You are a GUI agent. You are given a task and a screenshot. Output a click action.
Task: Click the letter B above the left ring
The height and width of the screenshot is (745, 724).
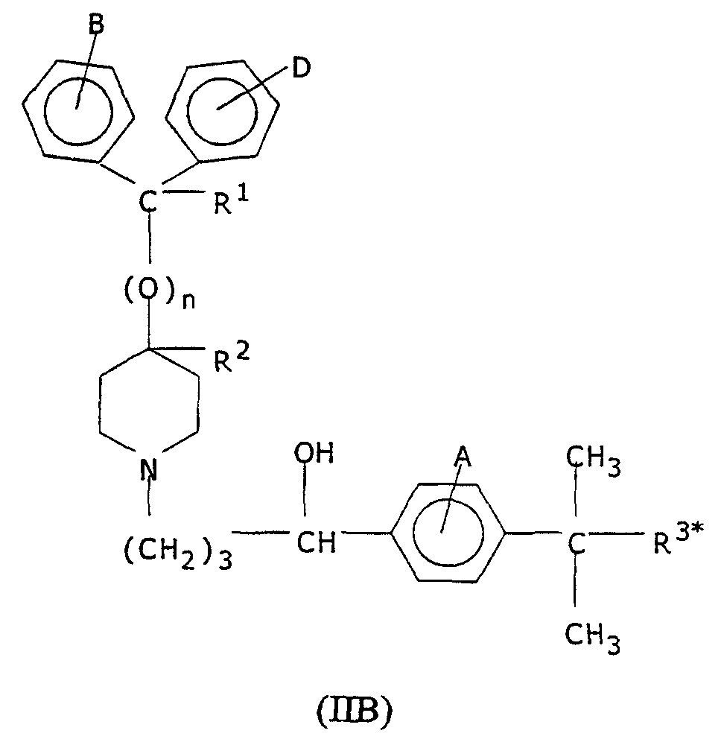point(96,24)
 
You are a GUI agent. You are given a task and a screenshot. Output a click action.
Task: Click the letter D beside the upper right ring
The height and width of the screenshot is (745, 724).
point(300,68)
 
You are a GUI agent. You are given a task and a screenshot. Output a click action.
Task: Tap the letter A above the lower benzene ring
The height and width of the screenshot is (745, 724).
point(462,457)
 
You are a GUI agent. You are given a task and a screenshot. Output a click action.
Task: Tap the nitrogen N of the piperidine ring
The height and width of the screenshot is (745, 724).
point(149,468)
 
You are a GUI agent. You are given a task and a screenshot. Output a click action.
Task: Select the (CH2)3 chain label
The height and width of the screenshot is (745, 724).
point(178,553)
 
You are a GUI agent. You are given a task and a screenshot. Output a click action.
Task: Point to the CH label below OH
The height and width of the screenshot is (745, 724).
point(316,542)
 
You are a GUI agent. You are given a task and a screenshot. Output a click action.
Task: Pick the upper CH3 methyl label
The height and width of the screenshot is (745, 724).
point(593,460)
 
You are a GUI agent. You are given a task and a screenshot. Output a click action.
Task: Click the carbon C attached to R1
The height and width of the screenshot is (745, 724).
point(148,201)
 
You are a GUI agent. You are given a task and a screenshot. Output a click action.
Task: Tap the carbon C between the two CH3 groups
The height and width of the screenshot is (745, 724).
point(576,544)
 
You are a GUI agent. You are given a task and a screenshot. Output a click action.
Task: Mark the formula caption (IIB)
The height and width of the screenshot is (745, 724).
point(355,714)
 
